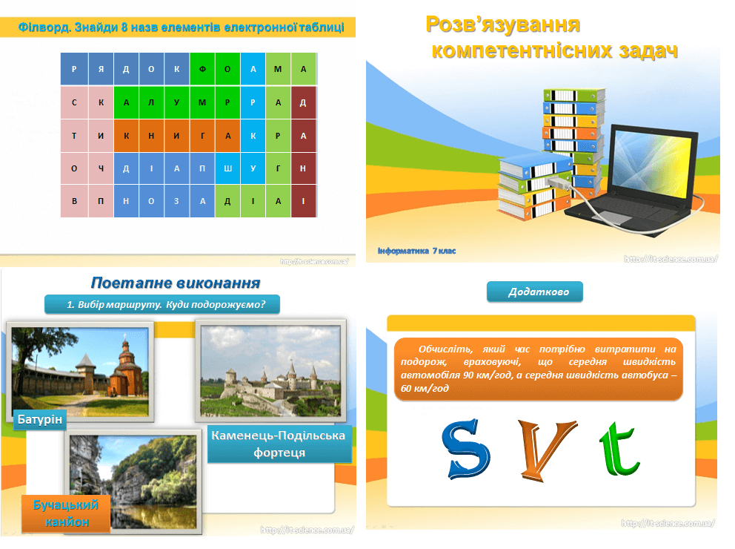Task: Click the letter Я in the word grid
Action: click(101, 69)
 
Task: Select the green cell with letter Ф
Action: click(202, 69)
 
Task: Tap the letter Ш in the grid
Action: click(227, 168)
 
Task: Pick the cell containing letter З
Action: click(176, 202)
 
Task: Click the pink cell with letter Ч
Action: click(101, 168)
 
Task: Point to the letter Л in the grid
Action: click(151, 102)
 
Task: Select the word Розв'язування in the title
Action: click(502, 24)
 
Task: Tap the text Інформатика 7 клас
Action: click(416, 251)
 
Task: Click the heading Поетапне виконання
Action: click(175, 283)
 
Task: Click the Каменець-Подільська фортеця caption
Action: click(279, 444)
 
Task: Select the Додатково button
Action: click(534, 292)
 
